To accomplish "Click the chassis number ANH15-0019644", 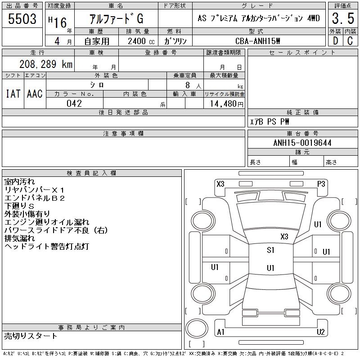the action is (x=302, y=143).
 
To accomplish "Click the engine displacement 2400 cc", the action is (x=138, y=40).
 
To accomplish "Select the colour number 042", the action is (x=74, y=103).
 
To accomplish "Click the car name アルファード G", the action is (x=116, y=19).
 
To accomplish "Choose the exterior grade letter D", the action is (x=335, y=40).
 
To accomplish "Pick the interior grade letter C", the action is (x=350, y=40).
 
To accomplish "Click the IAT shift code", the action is (x=13, y=94).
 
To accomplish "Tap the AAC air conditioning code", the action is (x=35, y=94).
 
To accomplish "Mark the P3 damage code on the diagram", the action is (x=321, y=184).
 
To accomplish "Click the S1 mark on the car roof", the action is (x=270, y=251).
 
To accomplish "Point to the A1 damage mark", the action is (x=221, y=332).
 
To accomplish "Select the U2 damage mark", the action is (x=320, y=332).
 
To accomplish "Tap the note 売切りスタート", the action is (x=31, y=336).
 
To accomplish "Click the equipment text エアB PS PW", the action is (x=270, y=122).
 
